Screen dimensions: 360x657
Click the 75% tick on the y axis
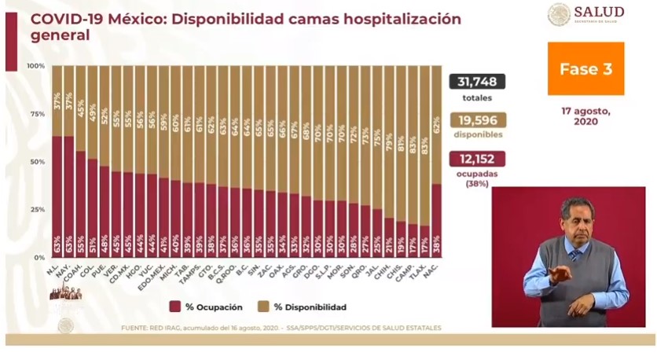(35, 113)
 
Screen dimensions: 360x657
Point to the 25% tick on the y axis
(35, 210)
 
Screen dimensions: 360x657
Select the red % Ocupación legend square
(174, 307)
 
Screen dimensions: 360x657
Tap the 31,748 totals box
(476, 82)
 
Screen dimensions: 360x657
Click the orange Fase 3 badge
(585, 69)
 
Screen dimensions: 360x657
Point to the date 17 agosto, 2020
(585, 116)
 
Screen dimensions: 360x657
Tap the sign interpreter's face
(577, 220)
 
